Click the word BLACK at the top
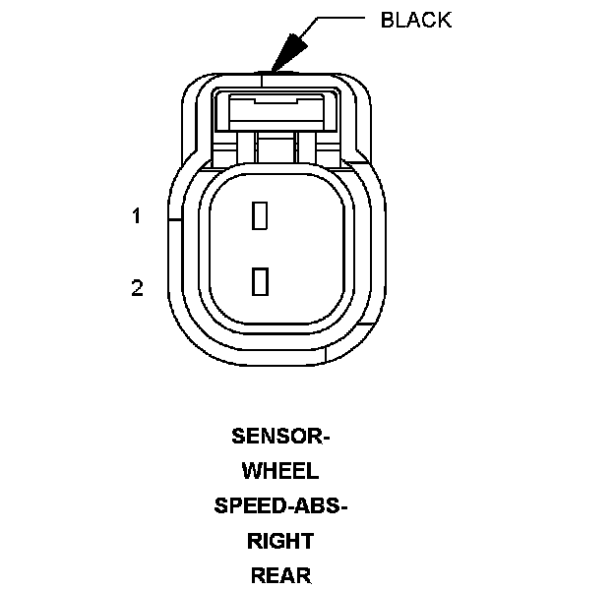[415, 21]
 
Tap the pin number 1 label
[138, 216]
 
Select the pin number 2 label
[138, 288]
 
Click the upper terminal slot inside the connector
[260, 215]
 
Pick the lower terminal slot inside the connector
[260, 281]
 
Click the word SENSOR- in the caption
[280, 436]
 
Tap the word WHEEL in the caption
[280, 471]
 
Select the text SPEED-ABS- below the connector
[281, 506]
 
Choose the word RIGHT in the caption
[280, 541]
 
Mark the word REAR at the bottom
[280, 576]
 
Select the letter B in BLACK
[388, 21]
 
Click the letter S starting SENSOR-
[238, 436]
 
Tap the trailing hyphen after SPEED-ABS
[345, 507]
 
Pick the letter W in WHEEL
[251, 471]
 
